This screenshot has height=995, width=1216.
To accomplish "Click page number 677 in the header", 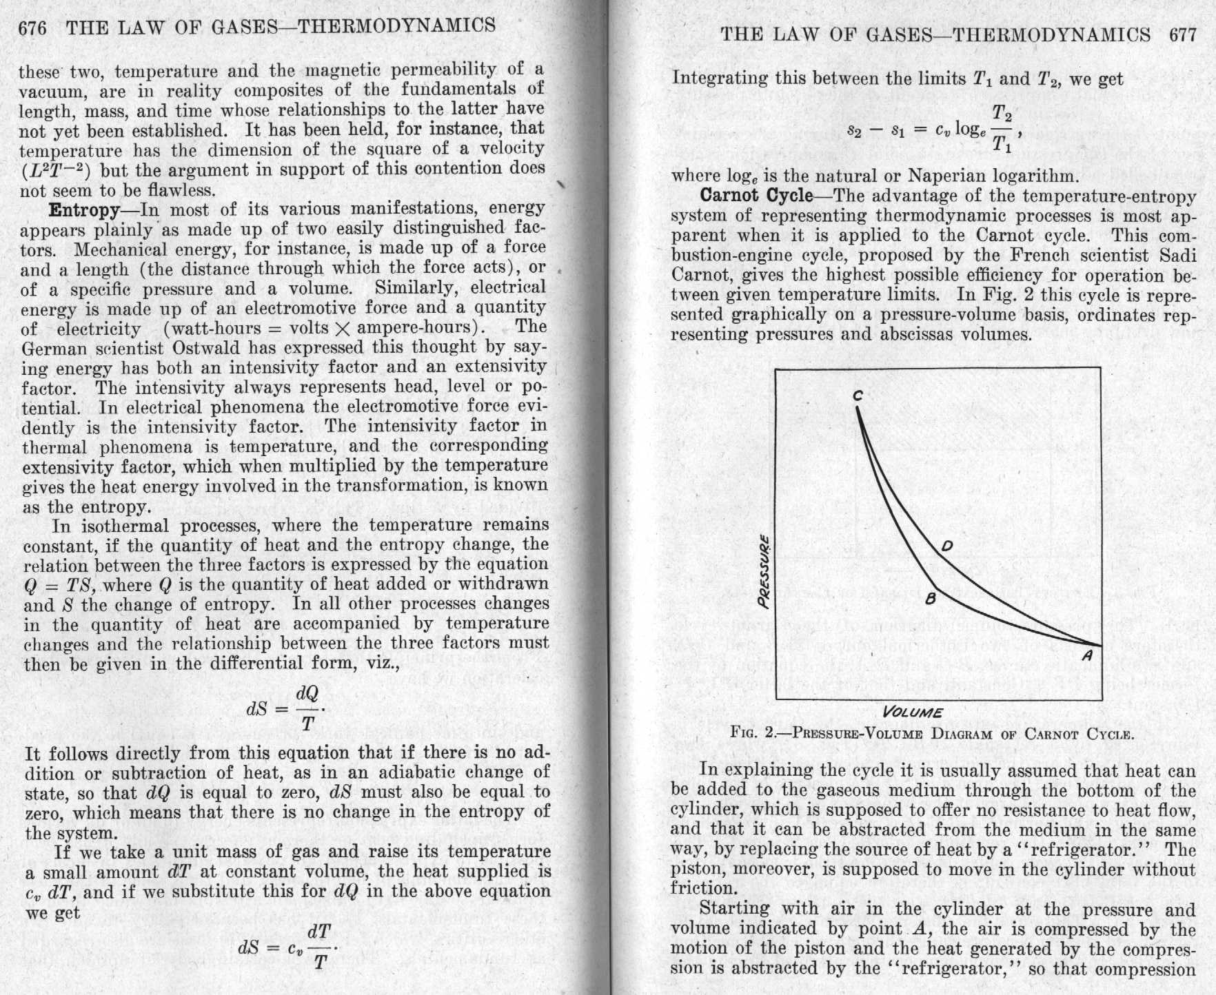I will point(1183,34).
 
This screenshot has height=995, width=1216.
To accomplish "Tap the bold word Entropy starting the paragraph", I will point(84,208).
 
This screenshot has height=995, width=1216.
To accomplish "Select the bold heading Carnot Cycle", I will point(756,196).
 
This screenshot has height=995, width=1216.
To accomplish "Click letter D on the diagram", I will point(946,546).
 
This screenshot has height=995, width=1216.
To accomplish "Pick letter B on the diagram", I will point(930,598).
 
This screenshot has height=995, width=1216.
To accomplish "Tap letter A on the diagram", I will point(1087,655).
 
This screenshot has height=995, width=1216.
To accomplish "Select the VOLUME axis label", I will point(912,712).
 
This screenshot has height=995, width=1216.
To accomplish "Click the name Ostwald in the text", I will point(207,347).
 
